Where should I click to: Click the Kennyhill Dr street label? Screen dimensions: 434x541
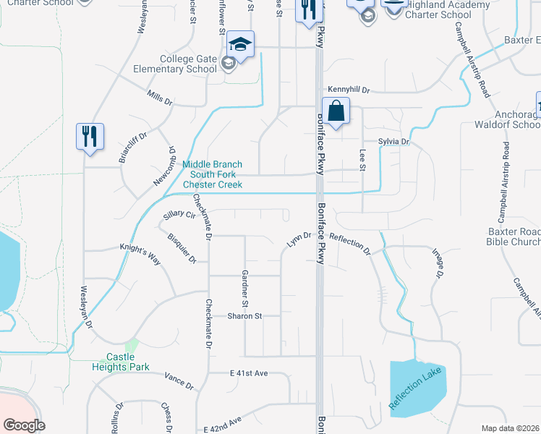click(x=349, y=90)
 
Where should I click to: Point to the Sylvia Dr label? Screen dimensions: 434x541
click(x=393, y=142)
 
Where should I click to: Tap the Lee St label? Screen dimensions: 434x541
click(x=361, y=161)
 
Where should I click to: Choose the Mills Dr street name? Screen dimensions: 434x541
click(x=159, y=99)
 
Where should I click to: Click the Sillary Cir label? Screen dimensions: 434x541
click(x=179, y=215)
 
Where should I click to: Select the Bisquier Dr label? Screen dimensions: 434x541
click(x=182, y=248)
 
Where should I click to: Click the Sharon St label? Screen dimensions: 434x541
click(x=244, y=316)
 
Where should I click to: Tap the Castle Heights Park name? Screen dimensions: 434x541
click(x=127, y=362)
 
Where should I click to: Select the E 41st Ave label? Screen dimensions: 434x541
click(x=249, y=373)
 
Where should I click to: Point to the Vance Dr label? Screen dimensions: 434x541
click(x=179, y=381)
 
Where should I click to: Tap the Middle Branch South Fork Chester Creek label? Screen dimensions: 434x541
click(x=212, y=174)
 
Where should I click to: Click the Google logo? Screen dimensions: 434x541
click(x=24, y=425)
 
